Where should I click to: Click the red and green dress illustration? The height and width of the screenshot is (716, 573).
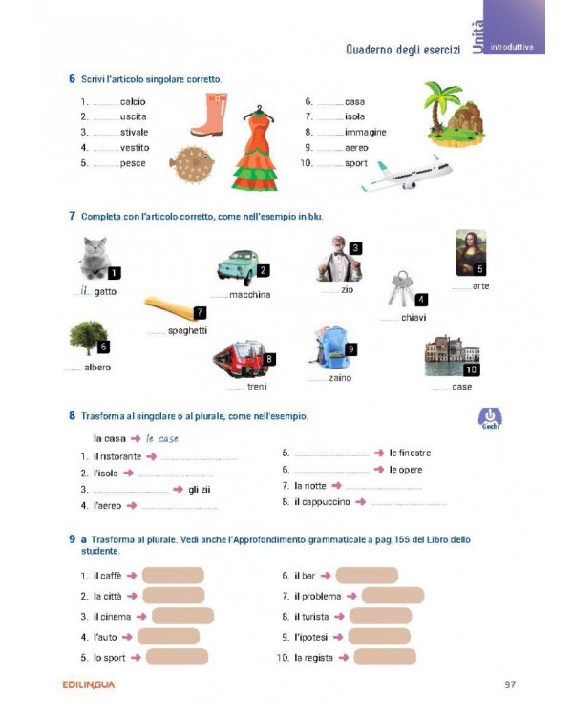click(x=255, y=148)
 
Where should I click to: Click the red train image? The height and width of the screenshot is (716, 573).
click(x=241, y=361)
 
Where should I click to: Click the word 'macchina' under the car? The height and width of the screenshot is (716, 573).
click(x=250, y=295)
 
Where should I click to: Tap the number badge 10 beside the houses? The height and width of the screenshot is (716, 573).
click(x=471, y=369)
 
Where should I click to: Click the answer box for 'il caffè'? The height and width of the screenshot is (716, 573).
click(x=173, y=576)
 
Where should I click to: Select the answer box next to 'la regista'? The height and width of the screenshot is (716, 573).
click(x=385, y=657)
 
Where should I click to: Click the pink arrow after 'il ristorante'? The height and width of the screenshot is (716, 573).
click(x=152, y=456)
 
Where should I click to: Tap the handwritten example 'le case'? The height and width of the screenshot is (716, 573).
click(x=163, y=438)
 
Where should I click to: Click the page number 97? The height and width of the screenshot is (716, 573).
click(x=512, y=684)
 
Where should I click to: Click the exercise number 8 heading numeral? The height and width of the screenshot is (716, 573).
click(x=72, y=416)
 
